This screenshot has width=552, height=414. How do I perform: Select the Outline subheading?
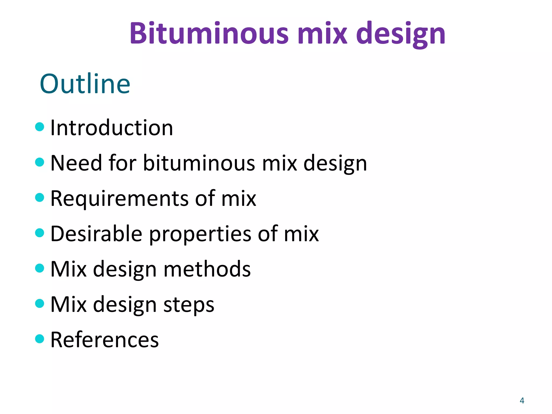[x=85, y=84]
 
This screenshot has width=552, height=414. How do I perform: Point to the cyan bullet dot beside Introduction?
[x=40, y=127]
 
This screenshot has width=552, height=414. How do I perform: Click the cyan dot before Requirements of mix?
[x=40, y=197]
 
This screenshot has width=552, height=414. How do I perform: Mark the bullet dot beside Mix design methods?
[x=40, y=268]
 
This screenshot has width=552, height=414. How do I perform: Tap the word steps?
[x=189, y=305]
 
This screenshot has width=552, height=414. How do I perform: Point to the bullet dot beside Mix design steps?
[x=40, y=303]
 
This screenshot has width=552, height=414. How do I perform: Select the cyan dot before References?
[x=40, y=339]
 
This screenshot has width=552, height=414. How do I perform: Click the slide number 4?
[x=522, y=401]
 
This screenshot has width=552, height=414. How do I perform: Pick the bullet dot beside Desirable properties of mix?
[x=40, y=233]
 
